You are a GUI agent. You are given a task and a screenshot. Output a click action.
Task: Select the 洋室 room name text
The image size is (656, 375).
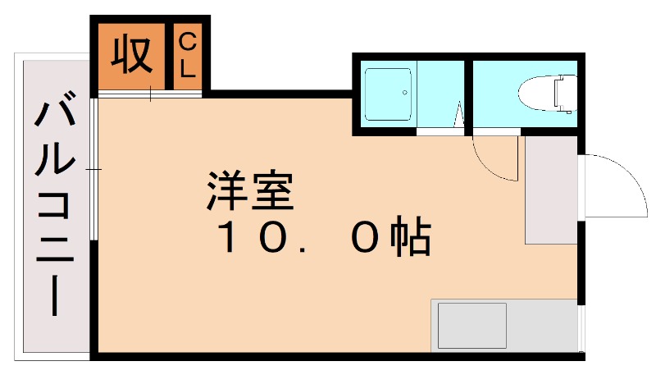coord(250,192)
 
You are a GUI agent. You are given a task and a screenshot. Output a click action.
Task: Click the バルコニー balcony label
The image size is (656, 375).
coord(56,205)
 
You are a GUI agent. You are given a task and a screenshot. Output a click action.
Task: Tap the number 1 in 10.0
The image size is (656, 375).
coord(228,239)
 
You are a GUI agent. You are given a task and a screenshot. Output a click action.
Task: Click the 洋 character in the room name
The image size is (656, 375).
coord(225,191)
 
